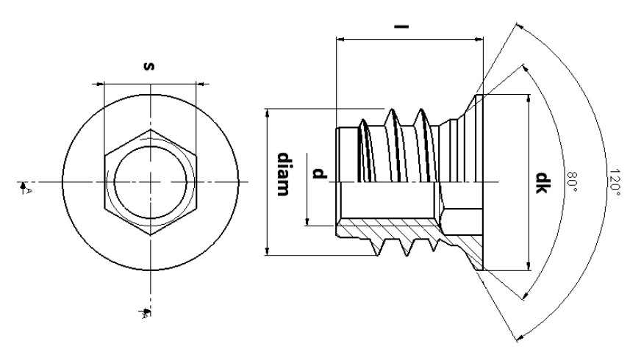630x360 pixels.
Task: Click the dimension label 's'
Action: (150, 66)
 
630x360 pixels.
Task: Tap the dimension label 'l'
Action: (402, 27)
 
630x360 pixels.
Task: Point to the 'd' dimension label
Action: (318, 174)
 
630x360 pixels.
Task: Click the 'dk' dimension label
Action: (541, 181)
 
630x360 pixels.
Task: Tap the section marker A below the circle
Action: (145, 314)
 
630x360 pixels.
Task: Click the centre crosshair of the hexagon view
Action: (151, 181)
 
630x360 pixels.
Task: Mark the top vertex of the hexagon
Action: (151, 130)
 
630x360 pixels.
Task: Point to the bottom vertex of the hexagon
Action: (151, 234)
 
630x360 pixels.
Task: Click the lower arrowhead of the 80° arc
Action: (524, 297)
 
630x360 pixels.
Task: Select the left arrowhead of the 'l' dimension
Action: (339, 38)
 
